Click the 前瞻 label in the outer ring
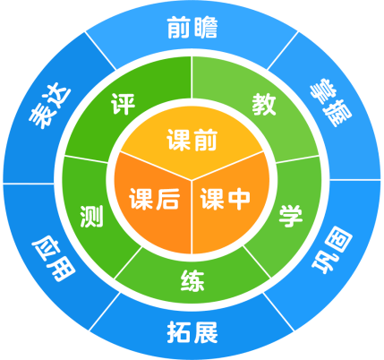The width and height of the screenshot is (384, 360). pyautogui.click(x=192, y=28)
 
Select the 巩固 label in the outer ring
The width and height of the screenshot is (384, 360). pyautogui.click(x=332, y=250)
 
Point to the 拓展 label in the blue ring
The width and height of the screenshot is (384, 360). pyautogui.click(x=192, y=332)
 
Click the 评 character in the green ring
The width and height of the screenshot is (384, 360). pyautogui.click(x=123, y=104)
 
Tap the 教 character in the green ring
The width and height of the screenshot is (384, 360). pyautogui.click(x=264, y=104)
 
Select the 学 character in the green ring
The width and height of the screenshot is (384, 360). pyautogui.click(x=291, y=216)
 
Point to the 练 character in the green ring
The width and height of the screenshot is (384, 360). pyautogui.click(x=192, y=281)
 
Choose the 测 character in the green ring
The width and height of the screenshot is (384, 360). pyautogui.click(x=91, y=216)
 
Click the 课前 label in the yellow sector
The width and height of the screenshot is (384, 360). pyautogui.click(x=192, y=140)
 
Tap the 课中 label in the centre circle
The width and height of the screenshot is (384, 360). pyautogui.click(x=225, y=200)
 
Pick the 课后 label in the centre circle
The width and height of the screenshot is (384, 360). pyautogui.click(x=155, y=199)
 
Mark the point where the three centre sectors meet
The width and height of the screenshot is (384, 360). pyautogui.click(x=192, y=180)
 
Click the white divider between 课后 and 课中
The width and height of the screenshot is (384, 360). pyautogui.click(x=192, y=218)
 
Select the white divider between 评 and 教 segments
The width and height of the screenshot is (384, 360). pyautogui.click(x=192, y=77)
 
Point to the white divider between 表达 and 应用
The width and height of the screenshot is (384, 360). pyautogui.click(x=29, y=184)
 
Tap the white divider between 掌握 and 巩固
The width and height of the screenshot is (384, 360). pyautogui.click(x=354, y=180)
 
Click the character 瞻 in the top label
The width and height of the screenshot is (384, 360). pyautogui.click(x=206, y=28)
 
